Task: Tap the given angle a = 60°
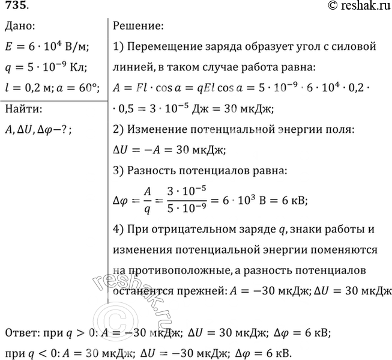[79, 88]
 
